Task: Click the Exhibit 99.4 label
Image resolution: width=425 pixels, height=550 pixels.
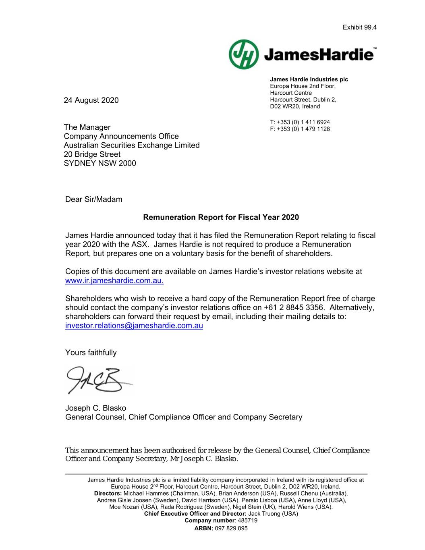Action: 359,27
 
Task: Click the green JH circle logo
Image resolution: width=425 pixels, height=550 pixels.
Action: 243,54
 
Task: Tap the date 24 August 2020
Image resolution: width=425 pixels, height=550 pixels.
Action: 91,100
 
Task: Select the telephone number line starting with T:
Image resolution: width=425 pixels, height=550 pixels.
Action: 300,122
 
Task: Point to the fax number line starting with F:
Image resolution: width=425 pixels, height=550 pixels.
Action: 300,129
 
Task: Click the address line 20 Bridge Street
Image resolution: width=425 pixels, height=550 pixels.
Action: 92,154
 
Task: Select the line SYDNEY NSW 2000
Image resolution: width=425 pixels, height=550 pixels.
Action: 100,163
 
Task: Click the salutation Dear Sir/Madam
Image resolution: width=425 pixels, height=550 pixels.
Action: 93,199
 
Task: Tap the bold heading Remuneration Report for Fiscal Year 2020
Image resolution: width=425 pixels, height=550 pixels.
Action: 221,218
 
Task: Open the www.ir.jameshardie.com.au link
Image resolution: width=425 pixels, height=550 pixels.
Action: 114,281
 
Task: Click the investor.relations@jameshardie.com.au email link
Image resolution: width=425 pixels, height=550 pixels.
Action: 134,326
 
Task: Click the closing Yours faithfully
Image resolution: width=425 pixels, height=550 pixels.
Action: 91,353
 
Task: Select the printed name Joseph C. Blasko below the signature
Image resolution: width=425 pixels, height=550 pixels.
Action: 95,408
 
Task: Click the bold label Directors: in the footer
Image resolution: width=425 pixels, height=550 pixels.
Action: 108,493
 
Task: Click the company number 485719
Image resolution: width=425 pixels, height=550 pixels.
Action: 248,521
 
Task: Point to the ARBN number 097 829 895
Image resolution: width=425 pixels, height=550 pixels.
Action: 232,528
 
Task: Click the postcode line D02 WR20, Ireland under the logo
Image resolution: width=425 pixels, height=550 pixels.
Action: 295,106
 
